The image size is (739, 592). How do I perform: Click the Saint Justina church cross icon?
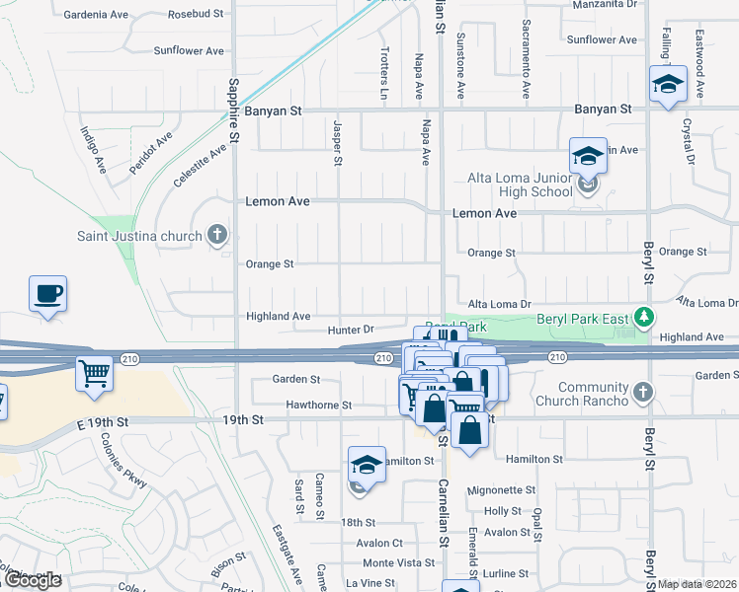[217, 236]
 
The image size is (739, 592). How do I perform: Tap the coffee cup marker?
[47, 294]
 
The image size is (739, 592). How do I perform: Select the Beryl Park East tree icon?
[644, 318]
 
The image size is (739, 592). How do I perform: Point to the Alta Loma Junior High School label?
[520, 185]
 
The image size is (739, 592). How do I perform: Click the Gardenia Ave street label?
[97, 15]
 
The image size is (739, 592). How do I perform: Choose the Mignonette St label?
[501, 489]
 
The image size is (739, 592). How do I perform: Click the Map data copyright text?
[696, 584]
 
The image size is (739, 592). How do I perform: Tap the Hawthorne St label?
[318, 405]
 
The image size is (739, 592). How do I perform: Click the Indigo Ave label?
[93, 149]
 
